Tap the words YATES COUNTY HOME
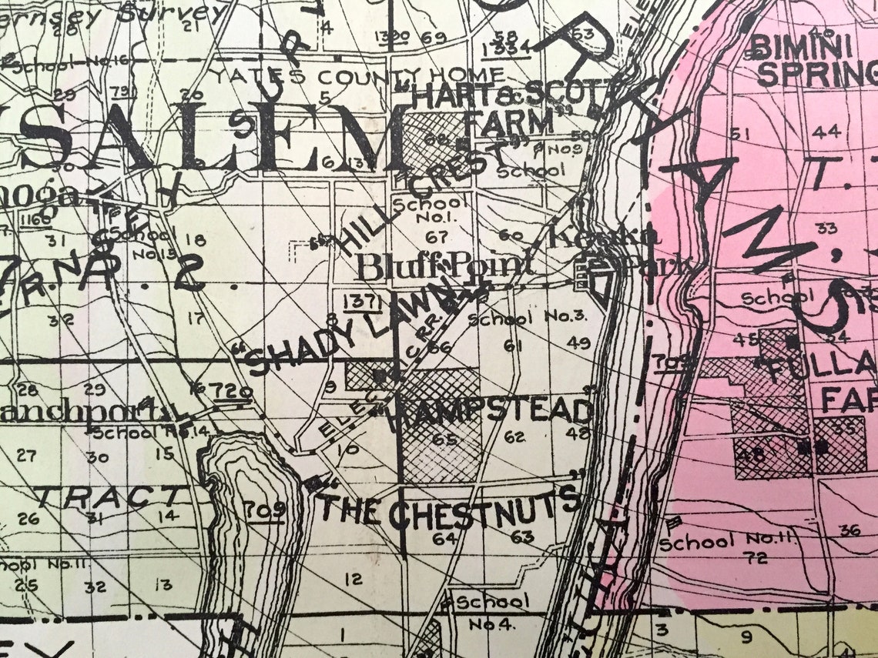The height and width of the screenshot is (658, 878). click(x=358, y=77)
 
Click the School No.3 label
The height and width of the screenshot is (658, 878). click(x=528, y=317)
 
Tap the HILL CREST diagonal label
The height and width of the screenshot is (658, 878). click(x=416, y=202)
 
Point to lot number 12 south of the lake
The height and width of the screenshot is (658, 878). click(x=354, y=579)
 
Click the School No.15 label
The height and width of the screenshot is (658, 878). click(x=141, y=239)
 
